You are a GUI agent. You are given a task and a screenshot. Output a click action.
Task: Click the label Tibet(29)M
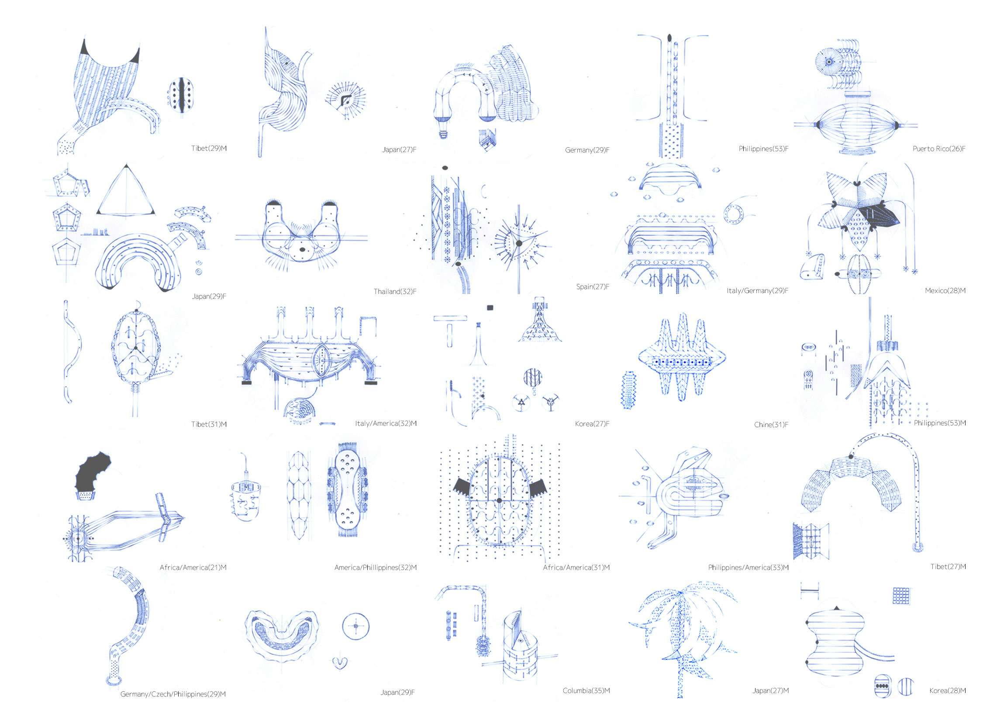click(209, 148)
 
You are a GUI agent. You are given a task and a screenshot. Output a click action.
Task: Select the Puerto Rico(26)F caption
click(939, 149)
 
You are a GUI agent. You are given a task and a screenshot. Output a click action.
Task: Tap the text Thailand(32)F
click(395, 291)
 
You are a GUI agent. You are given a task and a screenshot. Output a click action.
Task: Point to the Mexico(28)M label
click(945, 290)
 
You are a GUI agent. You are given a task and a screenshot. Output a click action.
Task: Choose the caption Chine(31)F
click(771, 424)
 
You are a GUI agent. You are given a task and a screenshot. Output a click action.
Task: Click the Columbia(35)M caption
click(586, 690)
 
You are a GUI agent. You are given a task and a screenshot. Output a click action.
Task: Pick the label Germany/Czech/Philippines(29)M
click(173, 694)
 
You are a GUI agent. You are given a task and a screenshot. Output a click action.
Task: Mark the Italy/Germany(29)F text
click(757, 290)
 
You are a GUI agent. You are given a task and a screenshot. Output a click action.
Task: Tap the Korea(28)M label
click(947, 690)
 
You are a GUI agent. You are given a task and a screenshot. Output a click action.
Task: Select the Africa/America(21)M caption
click(193, 568)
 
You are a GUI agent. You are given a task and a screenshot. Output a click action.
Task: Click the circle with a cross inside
click(355, 626)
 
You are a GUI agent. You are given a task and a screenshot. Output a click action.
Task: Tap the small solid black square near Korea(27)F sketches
click(490, 308)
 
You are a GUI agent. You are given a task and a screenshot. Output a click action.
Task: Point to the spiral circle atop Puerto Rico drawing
click(829, 62)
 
